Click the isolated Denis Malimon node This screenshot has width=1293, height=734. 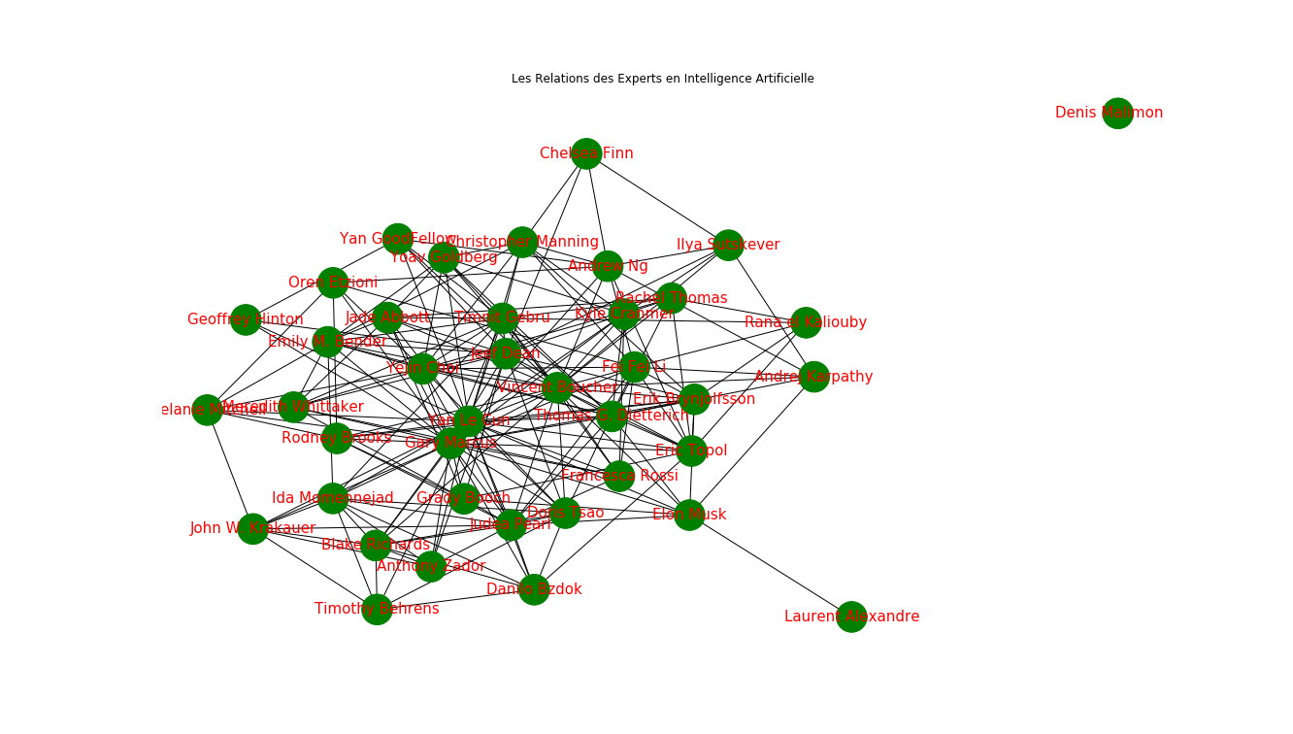pyautogui.click(x=1117, y=114)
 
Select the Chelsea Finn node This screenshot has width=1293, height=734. pyautogui.click(x=586, y=153)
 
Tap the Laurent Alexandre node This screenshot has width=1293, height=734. pyautogui.click(x=851, y=617)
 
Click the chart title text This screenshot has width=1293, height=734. pyautogui.click(x=662, y=79)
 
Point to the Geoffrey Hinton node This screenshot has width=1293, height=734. pyautogui.click(x=246, y=319)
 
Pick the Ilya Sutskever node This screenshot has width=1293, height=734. pyautogui.click(x=728, y=245)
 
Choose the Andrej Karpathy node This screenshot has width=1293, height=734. pyautogui.click(x=813, y=377)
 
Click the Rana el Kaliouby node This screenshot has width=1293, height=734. pyautogui.click(x=806, y=322)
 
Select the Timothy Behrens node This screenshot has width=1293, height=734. pyautogui.click(x=377, y=609)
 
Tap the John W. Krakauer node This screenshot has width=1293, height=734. pyautogui.click(x=252, y=528)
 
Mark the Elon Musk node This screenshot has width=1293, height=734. pyautogui.click(x=688, y=515)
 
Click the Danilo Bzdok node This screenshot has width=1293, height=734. pyautogui.click(x=534, y=589)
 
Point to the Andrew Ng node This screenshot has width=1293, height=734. pyautogui.click(x=608, y=266)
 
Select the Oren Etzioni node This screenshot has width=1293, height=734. pyautogui.click(x=333, y=283)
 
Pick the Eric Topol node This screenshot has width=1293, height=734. pyautogui.click(x=691, y=450)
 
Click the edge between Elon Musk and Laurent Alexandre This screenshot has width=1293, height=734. pyautogui.click(x=770, y=565)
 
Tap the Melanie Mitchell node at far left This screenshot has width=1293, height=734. pyautogui.click(x=207, y=410)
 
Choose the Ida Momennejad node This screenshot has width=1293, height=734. pyautogui.click(x=333, y=498)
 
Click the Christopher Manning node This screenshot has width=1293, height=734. pyautogui.click(x=522, y=242)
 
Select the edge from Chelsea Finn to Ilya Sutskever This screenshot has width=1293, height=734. pyautogui.click(x=657, y=199)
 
